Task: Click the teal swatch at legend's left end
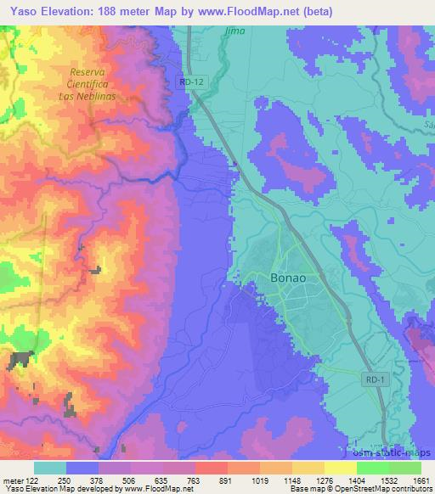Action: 49,468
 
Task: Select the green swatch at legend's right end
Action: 404,468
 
